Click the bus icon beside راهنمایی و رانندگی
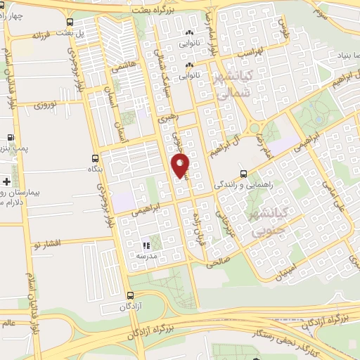tap(243, 173)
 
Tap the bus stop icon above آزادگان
tap(129, 295)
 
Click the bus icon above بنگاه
tap(96, 158)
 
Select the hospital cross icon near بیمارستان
tap(6, 182)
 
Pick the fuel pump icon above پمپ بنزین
tap(11, 138)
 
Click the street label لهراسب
tap(250, 52)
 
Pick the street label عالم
tap(8, 323)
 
